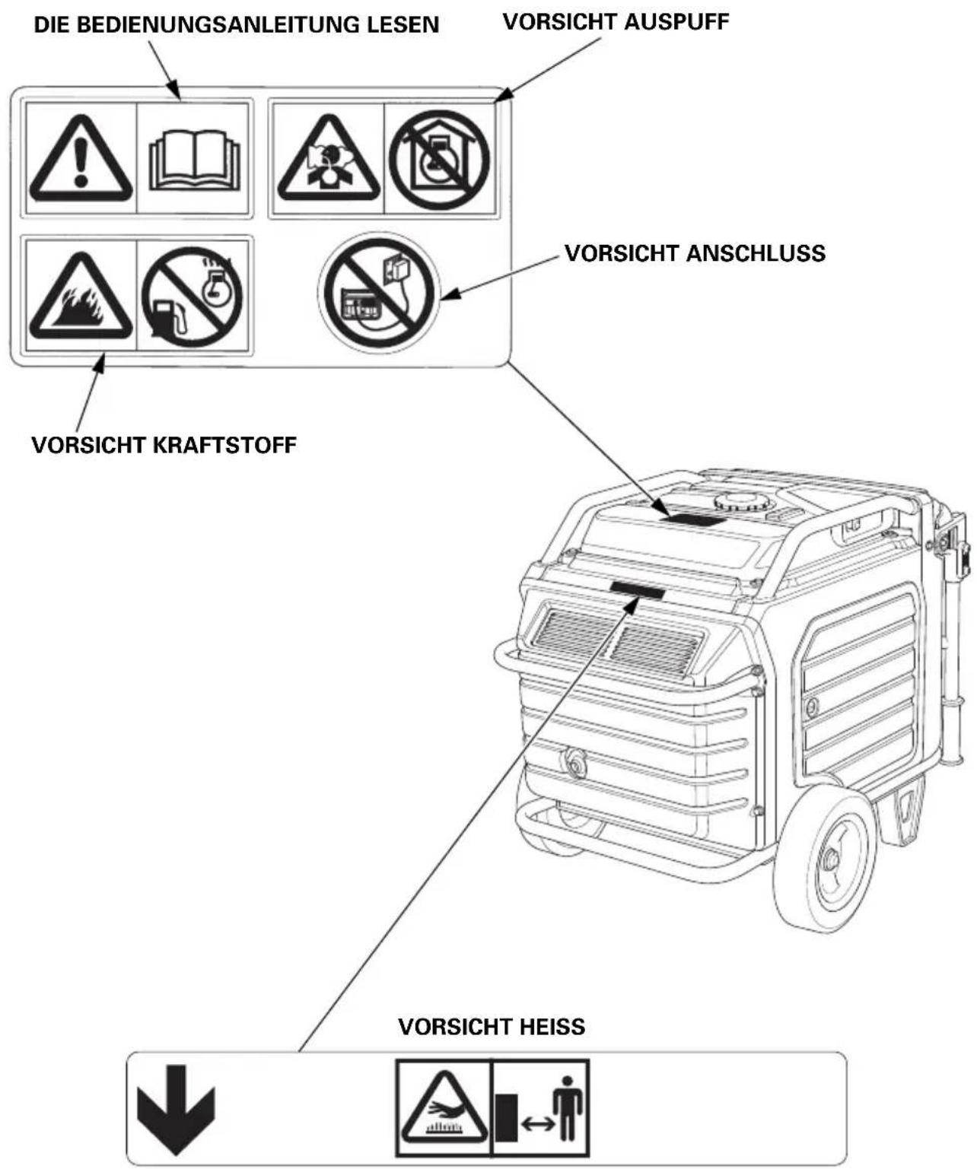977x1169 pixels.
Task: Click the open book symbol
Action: pyautogui.click(x=194, y=160)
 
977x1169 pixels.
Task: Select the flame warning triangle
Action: pyautogui.click(x=81, y=296)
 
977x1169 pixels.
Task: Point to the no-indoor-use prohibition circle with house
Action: pyautogui.click(x=439, y=160)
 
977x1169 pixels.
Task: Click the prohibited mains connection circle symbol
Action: pyautogui.click(x=379, y=293)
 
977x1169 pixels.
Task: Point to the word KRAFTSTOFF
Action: pyautogui.click(x=224, y=445)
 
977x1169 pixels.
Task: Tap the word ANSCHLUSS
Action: pyautogui.click(x=755, y=253)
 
